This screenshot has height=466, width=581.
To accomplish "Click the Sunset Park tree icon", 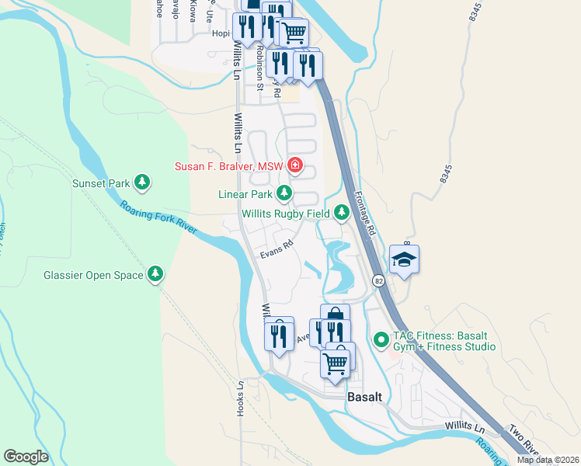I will click(x=141, y=183).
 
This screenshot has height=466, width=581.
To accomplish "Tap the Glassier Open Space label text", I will click(x=93, y=275).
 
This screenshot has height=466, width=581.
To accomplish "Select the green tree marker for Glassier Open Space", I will click(x=155, y=274).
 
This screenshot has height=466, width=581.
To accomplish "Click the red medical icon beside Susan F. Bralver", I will click(x=294, y=165).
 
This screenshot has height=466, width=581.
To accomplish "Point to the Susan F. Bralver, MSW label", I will click(x=229, y=165).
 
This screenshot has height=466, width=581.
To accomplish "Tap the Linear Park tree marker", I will click(x=285, y=193).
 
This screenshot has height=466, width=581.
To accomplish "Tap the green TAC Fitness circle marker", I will click(x=381, y=339).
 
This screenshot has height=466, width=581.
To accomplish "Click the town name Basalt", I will click(x=365, y=396).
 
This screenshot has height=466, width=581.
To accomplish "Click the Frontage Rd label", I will click(x=365, y=214).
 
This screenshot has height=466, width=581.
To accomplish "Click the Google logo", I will click(x=26, y=456).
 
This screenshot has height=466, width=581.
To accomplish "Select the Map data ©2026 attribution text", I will click(x=547, y=460).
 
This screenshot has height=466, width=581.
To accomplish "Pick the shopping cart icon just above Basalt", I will click(x=336, y=362).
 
